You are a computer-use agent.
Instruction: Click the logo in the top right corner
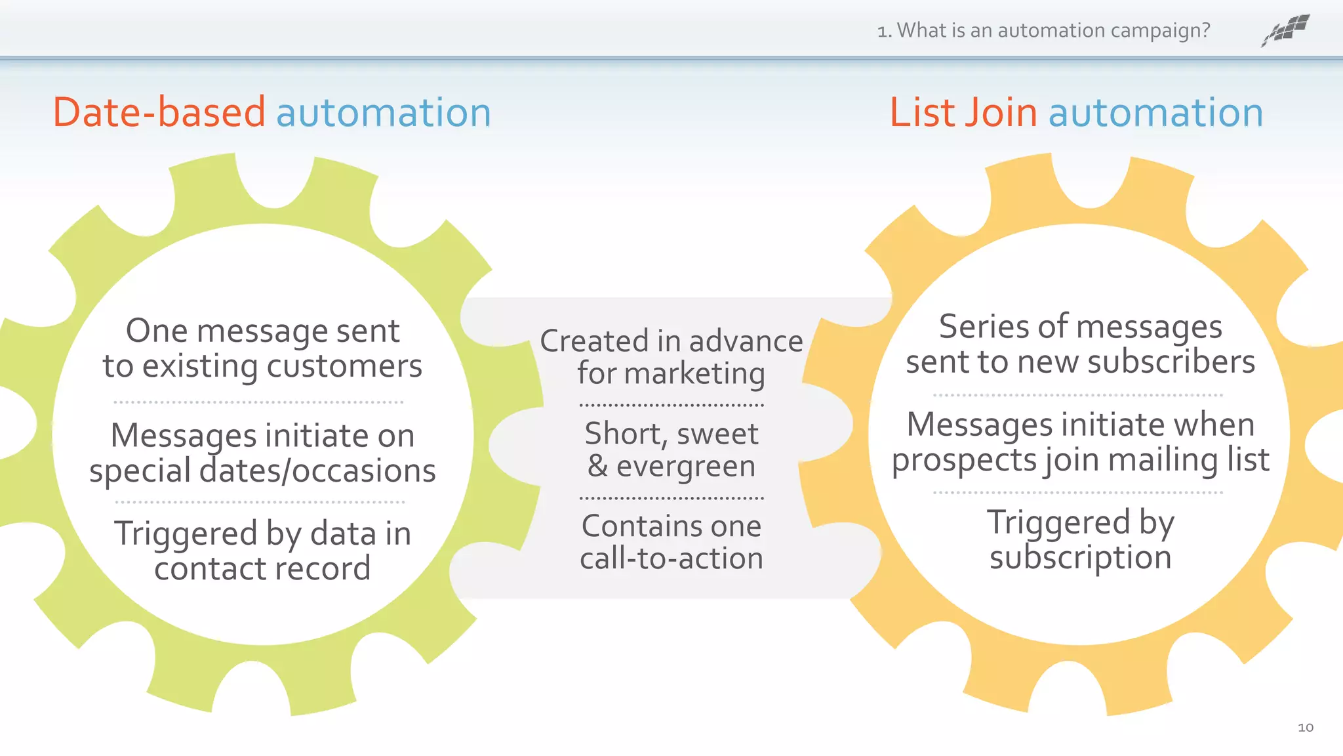[x=1286, y=30]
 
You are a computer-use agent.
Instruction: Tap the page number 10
[x=1305, y=727]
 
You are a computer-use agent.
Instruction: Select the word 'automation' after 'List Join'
[x=1155, y=112]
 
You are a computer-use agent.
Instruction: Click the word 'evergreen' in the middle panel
[x=686, y=467]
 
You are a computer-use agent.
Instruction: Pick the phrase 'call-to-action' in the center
[x=671, y=558]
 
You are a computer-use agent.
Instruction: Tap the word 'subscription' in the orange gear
[x=1080, y=558]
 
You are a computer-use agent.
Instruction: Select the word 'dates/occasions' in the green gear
[x=317, y=471]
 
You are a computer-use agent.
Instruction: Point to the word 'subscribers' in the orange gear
[x=1171, y=362]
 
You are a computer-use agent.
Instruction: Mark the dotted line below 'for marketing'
[x=671, y=405]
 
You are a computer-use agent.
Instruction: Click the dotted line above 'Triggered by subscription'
[x=1077, y=492]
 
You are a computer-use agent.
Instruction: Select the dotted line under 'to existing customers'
[x=258, y=402]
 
